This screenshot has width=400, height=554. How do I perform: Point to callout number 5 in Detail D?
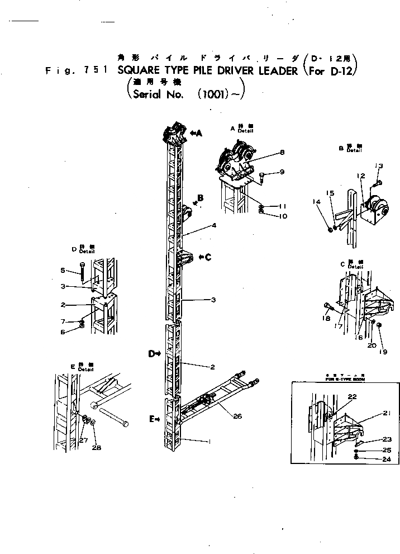(x=63, y=271)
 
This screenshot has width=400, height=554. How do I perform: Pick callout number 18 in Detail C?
(x=326, y=318)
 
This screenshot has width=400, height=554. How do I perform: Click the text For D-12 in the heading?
(x=332, y=71)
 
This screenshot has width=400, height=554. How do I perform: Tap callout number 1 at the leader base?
(x=208, y=442)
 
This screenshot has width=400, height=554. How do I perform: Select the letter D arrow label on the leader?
(x=153, y=353)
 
